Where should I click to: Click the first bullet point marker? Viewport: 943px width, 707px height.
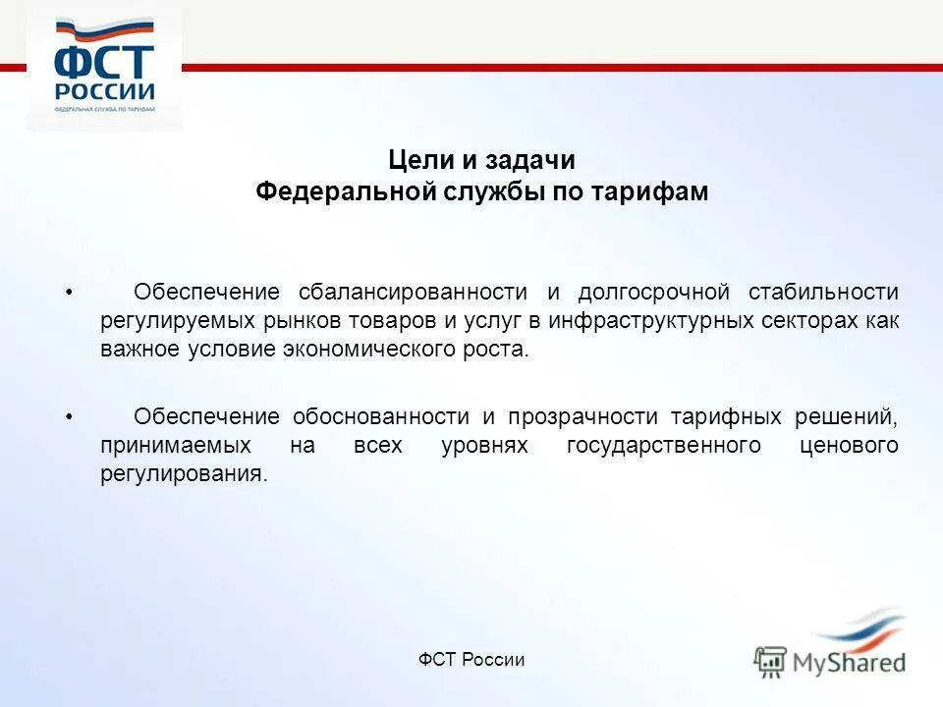pos(69,293)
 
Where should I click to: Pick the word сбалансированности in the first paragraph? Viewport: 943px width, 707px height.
pos(413,292)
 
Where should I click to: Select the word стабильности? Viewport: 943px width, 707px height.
pos(823,292)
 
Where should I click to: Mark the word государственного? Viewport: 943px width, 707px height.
pos(664,446)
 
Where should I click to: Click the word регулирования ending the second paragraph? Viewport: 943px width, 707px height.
pos(183,474)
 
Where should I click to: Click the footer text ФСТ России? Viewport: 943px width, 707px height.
pos(471,660)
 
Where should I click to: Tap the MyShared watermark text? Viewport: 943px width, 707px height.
pos(850,662)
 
